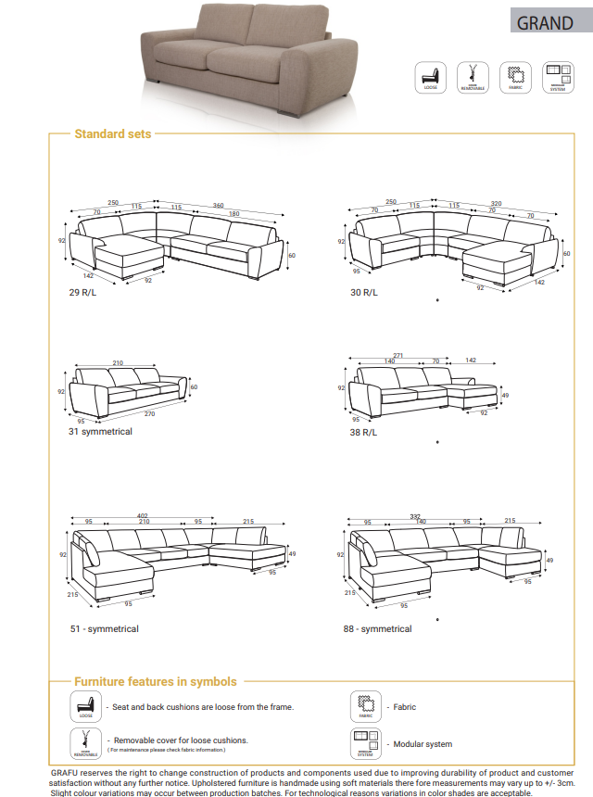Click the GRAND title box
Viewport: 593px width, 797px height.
pyautogui.click(x=546, y=22)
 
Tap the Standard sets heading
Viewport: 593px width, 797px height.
pyautogui.click(x=112, y=133)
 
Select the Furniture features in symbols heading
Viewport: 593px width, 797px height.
pyautogui.click(x=155, y=681)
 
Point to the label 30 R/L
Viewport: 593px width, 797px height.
pyautogui.click(x=363, y=292)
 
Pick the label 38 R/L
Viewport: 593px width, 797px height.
pyautogui.click(x=363, y=432)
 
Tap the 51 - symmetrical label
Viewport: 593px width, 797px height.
pyautogui.click(x=104, y=628)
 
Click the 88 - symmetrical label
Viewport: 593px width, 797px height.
pyautogui.click(x=377, y=628)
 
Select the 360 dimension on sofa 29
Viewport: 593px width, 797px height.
pyautogui.click(x=219, y=206)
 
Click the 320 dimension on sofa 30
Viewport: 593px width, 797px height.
pyautogui.click(x=496, y=203)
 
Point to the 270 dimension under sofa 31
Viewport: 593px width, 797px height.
pyautogui.click(x=148, y=413)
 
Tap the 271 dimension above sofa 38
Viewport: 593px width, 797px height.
pyautogui.click(x=398, y=355)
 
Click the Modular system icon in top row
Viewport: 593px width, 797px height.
pyautogui.click(x=557, y=77)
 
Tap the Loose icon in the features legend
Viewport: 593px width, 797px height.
pyautogui.click(x=86, y=706)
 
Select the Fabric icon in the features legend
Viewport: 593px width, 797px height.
pyautogui.click(x=365, y=706)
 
